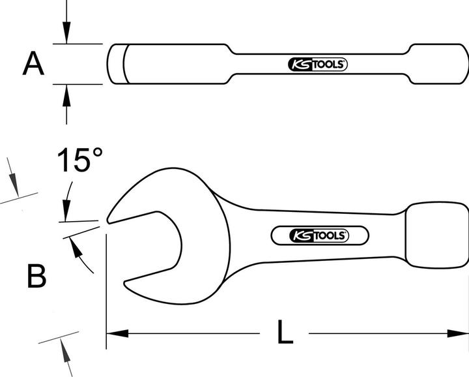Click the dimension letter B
(x=36, y=277)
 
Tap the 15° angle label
(x=79, y=160)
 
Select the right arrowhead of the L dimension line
(x=459, y=334)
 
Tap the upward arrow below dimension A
(x=66, y=95)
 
